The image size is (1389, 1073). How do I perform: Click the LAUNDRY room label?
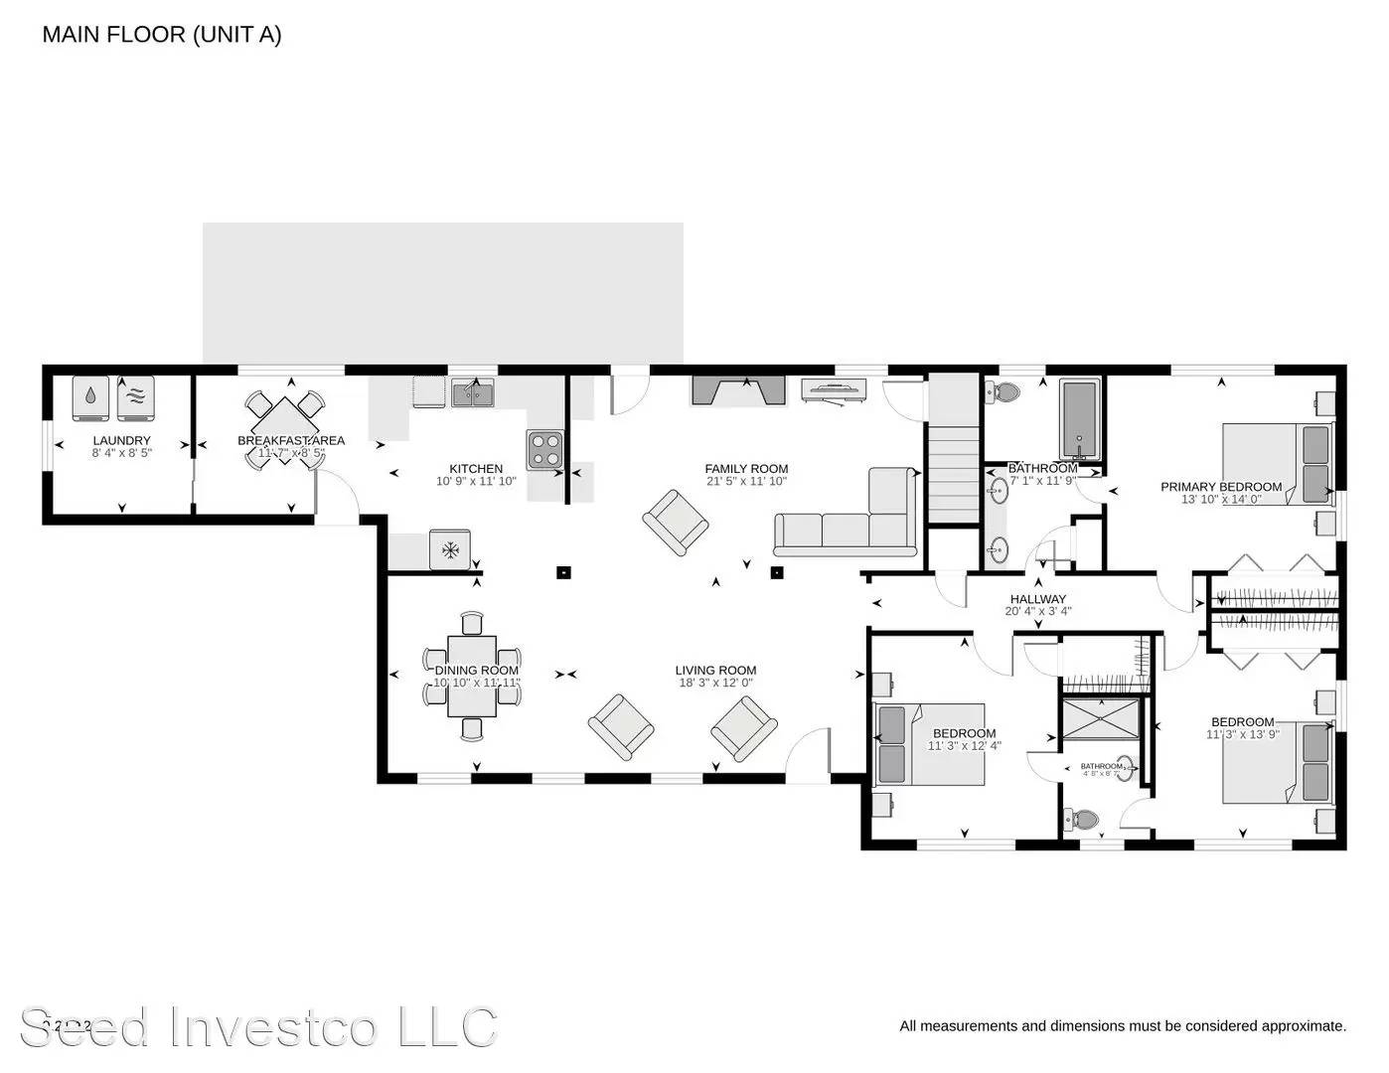pyautogui.click(x=121, y=440)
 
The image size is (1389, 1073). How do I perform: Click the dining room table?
pyautogui.click(x=472, y=677)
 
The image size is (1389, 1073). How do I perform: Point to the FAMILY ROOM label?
pyautogui.click(x=746, y=469)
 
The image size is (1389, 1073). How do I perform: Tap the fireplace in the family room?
pyautogui.click(x=738, y=390)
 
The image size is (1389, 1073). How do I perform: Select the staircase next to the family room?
pyautogui.click(x=954, y=472)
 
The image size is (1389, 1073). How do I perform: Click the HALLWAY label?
pyautogui.click(x=1037, y=599)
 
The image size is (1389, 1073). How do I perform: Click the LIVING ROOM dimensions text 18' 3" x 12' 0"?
pyautogui.click(x=715, y=684)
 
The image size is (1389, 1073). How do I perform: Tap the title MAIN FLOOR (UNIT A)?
pyautogui.click(x=162, y=35)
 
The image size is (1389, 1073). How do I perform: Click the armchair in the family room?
pyautogui.click(x=676, y=522)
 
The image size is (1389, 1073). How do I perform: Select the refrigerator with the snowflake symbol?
pyautogui.click(x=450, y=549)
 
